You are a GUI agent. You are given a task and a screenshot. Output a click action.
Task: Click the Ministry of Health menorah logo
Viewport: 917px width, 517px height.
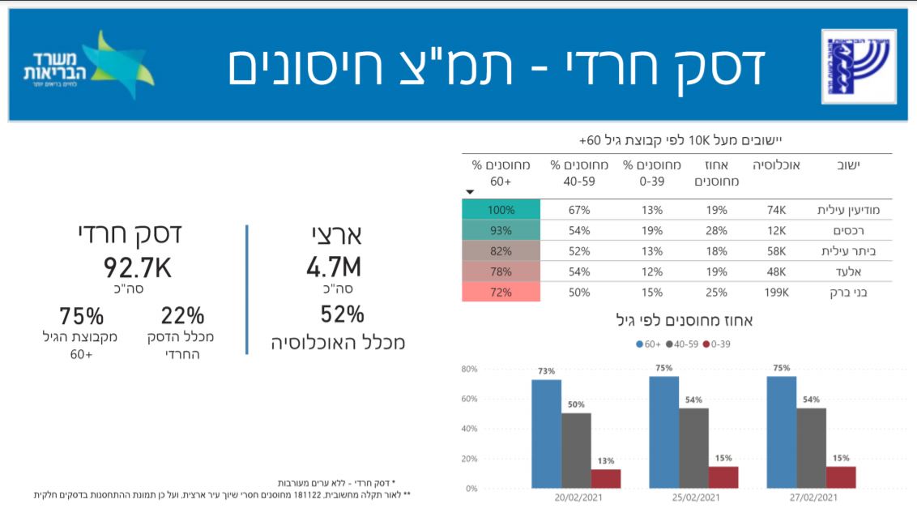tap(858, 66)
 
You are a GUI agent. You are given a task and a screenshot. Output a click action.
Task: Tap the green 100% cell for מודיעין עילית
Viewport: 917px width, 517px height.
tap(501, 210)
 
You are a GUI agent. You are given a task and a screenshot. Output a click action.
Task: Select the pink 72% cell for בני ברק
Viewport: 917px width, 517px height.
tap(501, 292)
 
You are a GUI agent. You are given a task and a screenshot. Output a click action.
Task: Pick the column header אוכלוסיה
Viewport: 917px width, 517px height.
tap(776, 165)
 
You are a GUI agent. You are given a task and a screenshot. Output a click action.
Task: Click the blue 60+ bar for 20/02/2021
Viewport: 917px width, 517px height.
tap(547, 434)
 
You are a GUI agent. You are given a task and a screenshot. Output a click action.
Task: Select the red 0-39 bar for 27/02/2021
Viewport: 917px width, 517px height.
tap(841, 477)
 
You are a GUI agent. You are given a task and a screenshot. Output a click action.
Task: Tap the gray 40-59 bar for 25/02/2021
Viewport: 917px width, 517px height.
tap(694, 448)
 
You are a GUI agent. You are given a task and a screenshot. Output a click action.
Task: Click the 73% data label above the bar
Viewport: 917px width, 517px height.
tap(545, 371)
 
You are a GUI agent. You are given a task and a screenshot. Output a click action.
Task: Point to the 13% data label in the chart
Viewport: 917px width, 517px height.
tap(606, 461)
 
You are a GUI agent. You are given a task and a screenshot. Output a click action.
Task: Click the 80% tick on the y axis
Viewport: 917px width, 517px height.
tap(469, 370)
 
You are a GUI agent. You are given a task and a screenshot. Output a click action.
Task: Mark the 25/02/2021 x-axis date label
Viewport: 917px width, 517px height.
tap(694, 498)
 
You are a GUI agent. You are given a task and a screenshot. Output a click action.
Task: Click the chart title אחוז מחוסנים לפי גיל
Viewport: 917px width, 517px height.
tap(685, 321)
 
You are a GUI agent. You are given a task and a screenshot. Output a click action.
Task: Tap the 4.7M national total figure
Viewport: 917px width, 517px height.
tap(334, 267)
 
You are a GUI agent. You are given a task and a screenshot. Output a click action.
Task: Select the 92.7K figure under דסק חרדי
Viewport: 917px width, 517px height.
tap(137, 267)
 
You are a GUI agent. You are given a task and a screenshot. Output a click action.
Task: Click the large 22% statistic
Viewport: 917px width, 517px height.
tap(182, 316)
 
